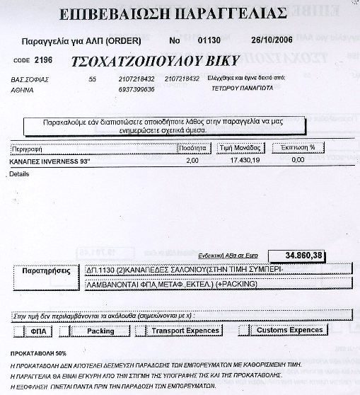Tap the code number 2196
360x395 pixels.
click(x=44, y=60)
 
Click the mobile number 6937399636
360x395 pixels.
click(x=138, y=91)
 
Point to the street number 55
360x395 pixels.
click(x=92, y=79)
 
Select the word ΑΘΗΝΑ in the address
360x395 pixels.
click(x=23, y=91)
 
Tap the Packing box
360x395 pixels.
click(x=100, y=331)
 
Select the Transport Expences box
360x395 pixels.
click(x=186, y=331)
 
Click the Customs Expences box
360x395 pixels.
click(x=289, y=331)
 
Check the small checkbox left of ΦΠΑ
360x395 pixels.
click(x=19, y=331)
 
